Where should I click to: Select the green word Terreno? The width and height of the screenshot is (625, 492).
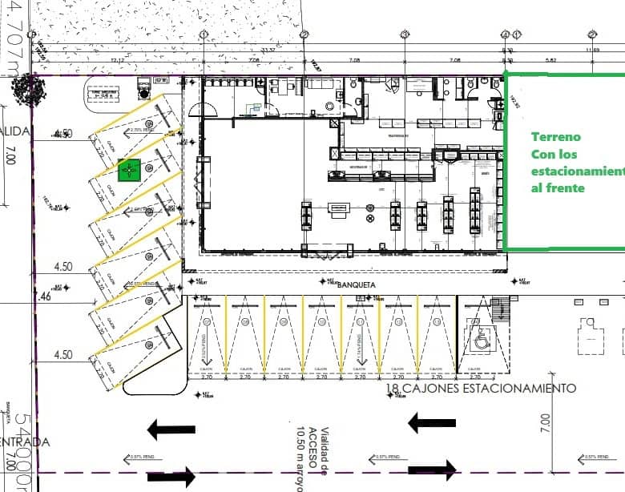555,137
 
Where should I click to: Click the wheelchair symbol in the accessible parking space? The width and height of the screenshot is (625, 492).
482,341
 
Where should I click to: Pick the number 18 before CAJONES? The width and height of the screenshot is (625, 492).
393,389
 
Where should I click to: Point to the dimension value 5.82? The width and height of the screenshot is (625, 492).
549,60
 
